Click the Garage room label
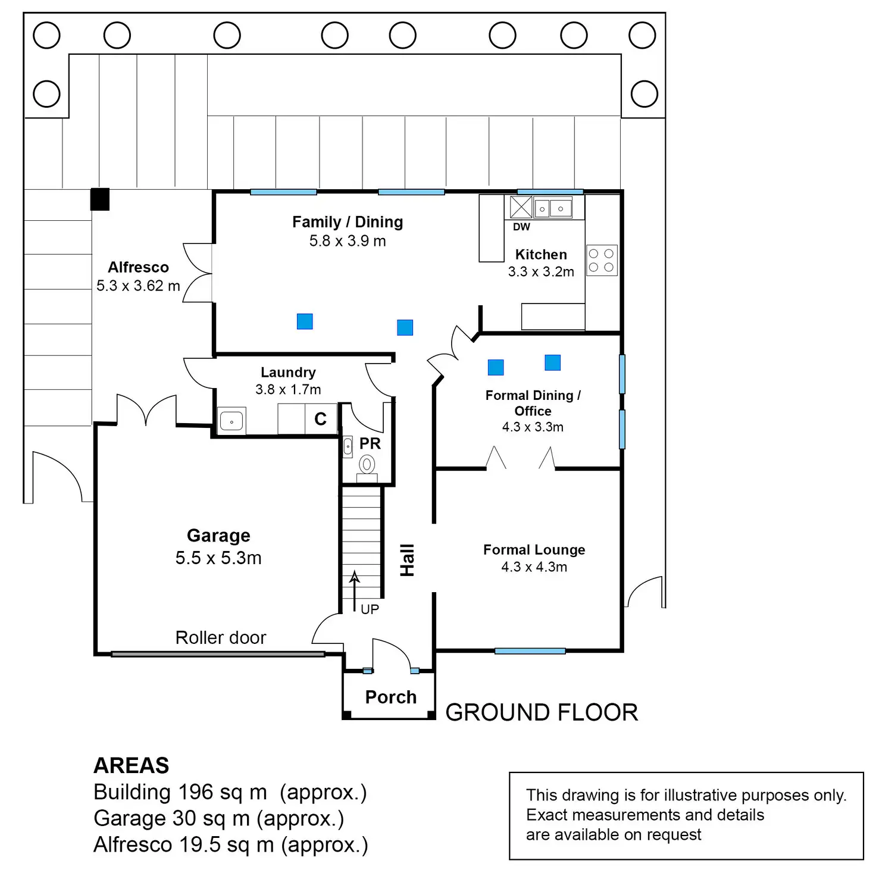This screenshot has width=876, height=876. (218, 536)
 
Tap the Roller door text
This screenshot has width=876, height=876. (220, 638)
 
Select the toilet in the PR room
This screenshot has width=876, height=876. (367, 468)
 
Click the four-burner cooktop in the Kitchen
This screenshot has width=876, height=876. (602, 260)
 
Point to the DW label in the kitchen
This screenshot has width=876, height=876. (521, 227)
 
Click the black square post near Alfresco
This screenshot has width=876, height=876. (99, 199)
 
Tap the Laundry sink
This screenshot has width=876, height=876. (232, 421)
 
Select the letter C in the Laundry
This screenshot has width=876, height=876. (321, 419)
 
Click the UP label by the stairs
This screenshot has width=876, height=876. (370, 609)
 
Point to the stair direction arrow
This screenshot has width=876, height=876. (355, 592)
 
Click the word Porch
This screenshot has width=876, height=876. (391, 697)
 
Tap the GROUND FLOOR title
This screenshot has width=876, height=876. (542, 712)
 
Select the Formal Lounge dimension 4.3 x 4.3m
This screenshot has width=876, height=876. (534, 567)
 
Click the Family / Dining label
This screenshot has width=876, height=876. (348, 222)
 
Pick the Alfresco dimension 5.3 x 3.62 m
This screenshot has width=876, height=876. (138, 286)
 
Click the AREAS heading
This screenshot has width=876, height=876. (132, 765)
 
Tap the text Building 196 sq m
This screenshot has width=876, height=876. (180, 792)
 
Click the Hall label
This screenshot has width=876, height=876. (407, 560)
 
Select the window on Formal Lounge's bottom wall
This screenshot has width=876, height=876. (530, 651)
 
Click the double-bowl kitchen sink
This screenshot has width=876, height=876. (552, 209)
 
